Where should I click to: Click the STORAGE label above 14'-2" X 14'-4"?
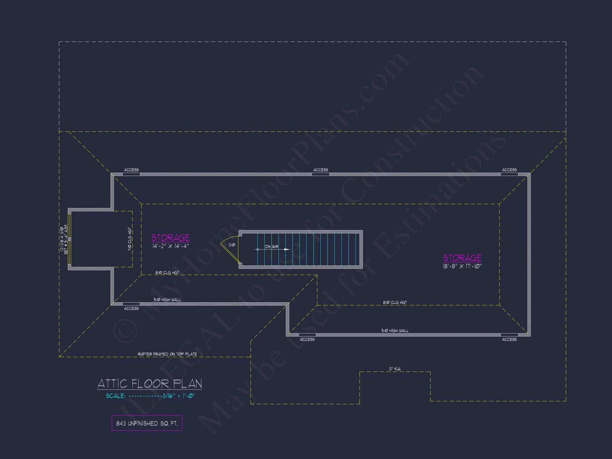(x=170, y=238)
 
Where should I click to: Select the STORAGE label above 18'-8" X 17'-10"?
(x=462, y=258)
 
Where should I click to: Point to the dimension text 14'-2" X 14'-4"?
(x=170, y=246)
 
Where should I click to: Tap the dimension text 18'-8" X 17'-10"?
(x=462, y=266)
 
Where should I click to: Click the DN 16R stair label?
(x=271, y=247)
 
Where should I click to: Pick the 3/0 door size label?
(x=232, y=245)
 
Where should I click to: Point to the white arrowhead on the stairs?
(x=287, y=249)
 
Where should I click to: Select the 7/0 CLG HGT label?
(x=130, y=239)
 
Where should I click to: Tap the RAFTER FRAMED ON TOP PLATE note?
(x=167, y=354)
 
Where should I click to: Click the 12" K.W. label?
(x=395, y=369)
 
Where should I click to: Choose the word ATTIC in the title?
(x=112, y=384)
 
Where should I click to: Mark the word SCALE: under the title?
(x=116, y=396)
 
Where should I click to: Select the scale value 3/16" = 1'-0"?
(x=178, y=396)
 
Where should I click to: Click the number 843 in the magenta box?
(x=121, y=424)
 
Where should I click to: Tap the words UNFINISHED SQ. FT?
(x=152, y=424)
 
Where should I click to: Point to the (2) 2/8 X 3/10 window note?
(x=62, y=240)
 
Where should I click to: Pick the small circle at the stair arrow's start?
(x=258, y=249)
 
